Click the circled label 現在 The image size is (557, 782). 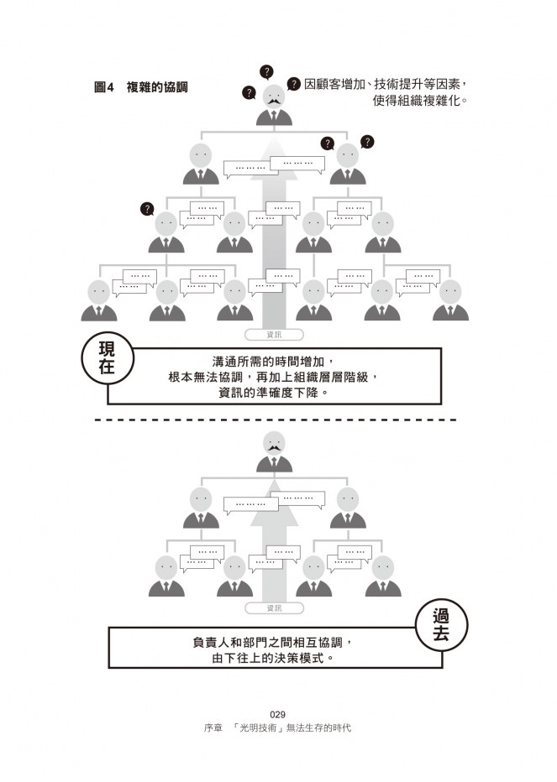tap(107, 358)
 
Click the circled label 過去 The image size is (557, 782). tap(441, 626)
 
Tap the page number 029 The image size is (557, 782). tap(277, 714)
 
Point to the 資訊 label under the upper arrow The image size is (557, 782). tap(274, 334)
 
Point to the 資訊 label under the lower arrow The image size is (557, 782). tap(274, 607)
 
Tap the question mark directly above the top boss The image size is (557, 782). tap(266, 71)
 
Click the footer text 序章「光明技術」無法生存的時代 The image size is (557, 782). tap(277, 727)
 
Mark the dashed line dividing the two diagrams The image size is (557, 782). tap(277, 419)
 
